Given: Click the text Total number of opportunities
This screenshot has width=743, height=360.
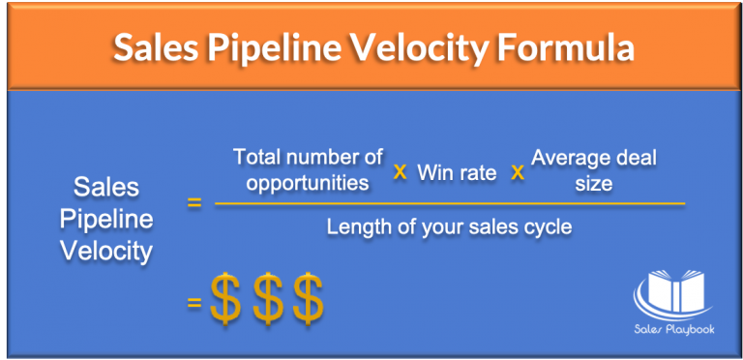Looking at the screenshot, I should point(309,168).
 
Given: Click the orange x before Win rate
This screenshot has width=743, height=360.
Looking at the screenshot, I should point(399,171).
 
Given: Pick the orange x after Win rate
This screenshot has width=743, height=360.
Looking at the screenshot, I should point(517,171).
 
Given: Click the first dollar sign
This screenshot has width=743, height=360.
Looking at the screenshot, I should point(224,299).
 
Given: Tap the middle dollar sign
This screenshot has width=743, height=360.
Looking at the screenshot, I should point(266,299).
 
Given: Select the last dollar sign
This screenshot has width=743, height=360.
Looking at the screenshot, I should point(308,299).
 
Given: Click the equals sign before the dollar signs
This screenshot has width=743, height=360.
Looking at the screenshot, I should point(193,302).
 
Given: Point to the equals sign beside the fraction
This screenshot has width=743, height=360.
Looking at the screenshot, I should point(193,204).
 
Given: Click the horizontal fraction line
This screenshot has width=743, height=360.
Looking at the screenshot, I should point(450,204).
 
